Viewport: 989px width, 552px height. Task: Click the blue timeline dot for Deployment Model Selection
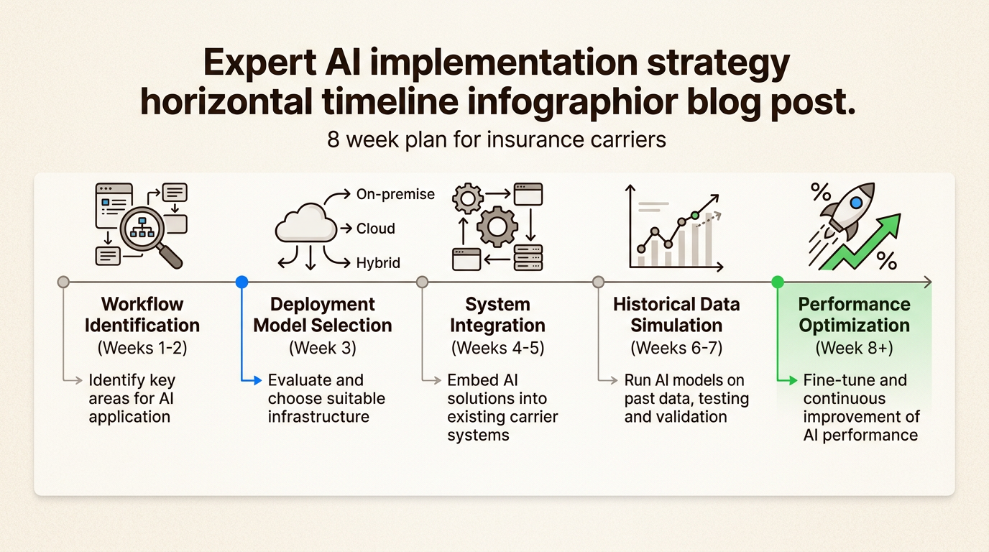click(x=241, y=282)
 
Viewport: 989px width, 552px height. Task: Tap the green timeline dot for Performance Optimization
click(x=778, y=282)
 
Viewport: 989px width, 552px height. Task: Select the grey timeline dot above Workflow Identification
click(x=63, y=282)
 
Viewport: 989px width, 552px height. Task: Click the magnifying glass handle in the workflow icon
click(x=171, y=257)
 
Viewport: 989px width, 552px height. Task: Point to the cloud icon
click(x=306, y=223)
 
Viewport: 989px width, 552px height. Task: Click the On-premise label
click(x=395, y=194)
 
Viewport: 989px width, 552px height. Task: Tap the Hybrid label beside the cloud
click(x=378, y=263)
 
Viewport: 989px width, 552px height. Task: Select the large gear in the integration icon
click(x=497, y=226)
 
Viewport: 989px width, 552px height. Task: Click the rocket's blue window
click(x=855, y=203)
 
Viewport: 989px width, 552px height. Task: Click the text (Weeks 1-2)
click(x=142, y=348)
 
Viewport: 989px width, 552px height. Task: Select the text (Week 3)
click(x=322, y=348)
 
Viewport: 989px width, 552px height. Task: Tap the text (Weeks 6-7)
click(x=676, y=348)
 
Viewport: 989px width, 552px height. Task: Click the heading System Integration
click(x=497, y=315)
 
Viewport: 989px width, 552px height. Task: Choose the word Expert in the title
click(x=259, y=63)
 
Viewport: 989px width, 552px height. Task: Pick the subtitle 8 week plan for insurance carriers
click(x=496, y=139)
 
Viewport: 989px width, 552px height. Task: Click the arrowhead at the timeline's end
click(x=928, y=282)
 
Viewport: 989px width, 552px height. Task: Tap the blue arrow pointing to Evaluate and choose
click(x=252, y=379)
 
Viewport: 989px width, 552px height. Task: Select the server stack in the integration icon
click(x=528, y=258)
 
